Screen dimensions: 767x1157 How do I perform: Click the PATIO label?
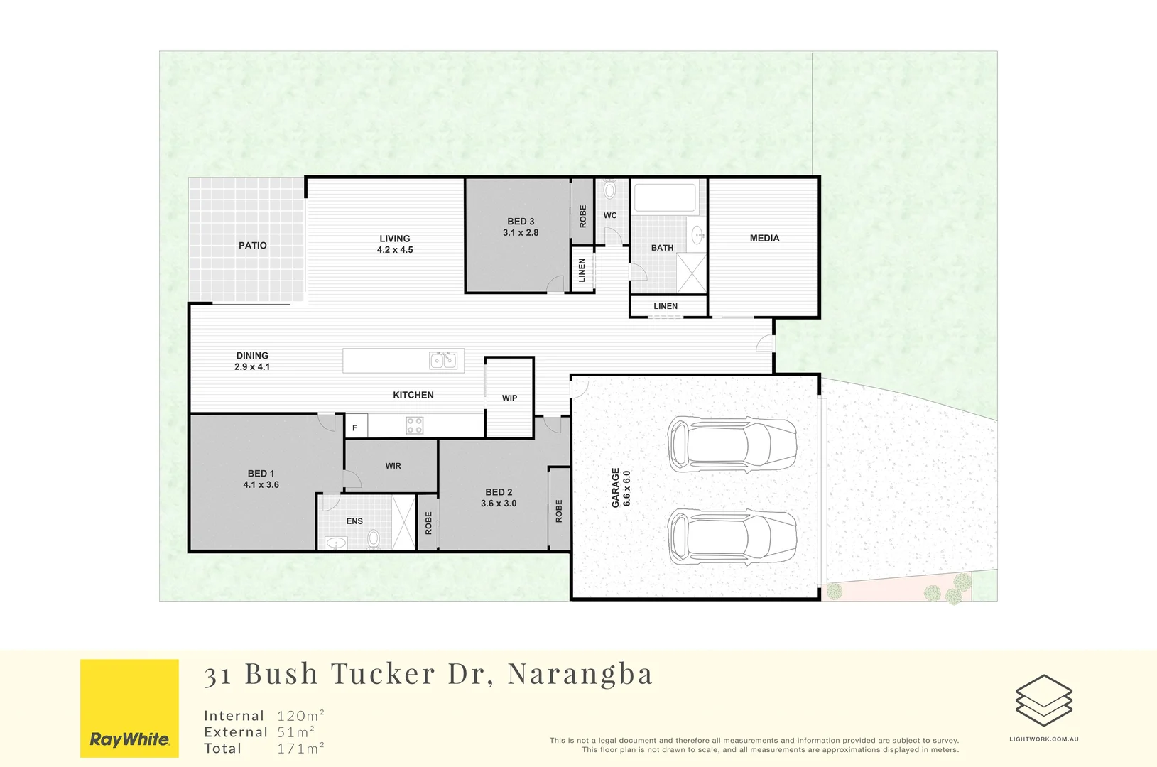253,246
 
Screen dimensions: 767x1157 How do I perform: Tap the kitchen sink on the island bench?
443,361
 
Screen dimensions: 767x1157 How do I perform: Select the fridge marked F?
355,428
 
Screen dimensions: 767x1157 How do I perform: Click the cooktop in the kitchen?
415,425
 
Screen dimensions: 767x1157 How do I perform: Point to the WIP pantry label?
509,398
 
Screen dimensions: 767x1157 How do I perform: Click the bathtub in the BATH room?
665,197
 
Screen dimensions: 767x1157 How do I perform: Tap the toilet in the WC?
609,190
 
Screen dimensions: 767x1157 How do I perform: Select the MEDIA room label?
764,239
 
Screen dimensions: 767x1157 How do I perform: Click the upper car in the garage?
732,445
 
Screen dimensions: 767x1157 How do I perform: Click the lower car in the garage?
732,536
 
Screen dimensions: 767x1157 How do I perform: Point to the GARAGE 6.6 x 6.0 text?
621,488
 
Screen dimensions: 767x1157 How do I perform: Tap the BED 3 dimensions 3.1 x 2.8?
521,233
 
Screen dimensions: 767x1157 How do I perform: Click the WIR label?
393,467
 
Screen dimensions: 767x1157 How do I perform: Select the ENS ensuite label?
354,521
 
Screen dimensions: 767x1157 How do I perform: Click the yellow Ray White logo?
129,708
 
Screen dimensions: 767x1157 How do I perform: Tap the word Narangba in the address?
580,674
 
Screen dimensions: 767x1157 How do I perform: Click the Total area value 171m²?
300,749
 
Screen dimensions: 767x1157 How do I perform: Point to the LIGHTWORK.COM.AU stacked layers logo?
1043,701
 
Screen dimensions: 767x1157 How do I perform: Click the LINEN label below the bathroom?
666,307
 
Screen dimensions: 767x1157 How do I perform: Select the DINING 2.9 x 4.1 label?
252,361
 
